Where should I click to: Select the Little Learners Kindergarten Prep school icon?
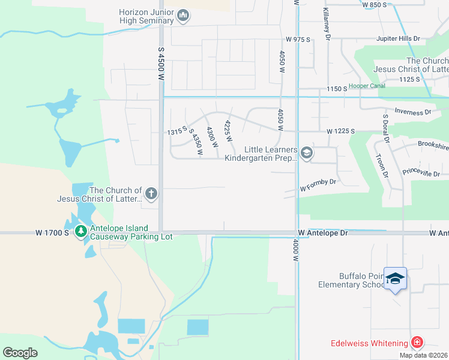307,154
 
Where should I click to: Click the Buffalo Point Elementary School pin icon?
395,278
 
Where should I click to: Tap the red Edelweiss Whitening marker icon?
417,343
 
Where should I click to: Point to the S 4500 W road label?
161,64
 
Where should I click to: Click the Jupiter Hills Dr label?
397,38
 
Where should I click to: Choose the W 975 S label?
298,40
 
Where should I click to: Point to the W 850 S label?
375,5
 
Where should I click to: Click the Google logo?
20,352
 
